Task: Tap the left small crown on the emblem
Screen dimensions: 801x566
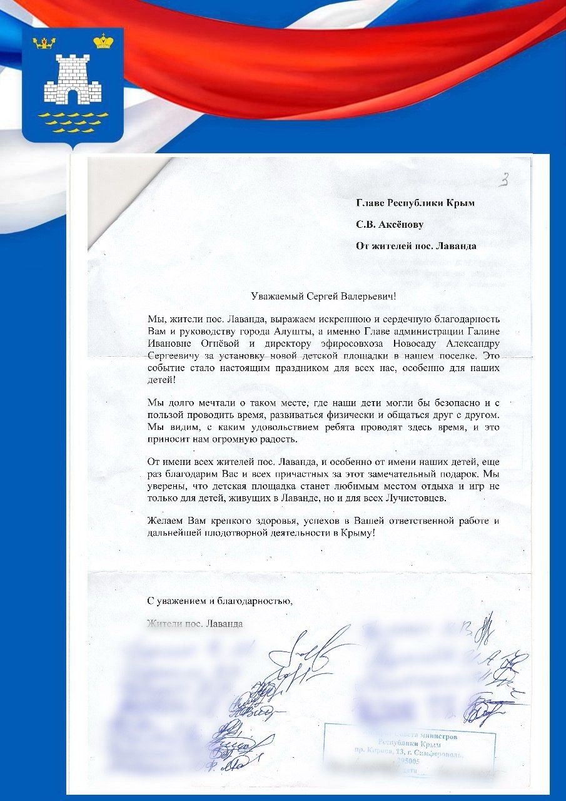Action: (x=44, y=43)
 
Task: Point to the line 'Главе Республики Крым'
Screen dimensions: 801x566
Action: (x=415, y=203)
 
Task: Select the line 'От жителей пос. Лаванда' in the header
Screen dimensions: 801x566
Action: (x=416, y=246)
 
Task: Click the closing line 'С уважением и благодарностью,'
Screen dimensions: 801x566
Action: (x=220, y=601)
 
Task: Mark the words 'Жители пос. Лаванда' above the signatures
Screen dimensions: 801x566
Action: (x=195, y=623)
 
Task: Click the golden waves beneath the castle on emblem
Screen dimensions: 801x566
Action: (x=73, y=122)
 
